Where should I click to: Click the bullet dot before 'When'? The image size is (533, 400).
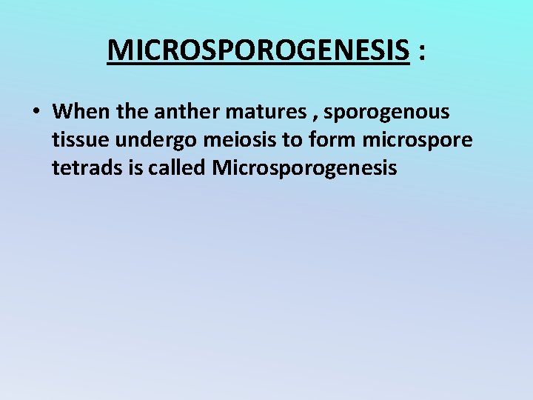click(36, 113)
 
